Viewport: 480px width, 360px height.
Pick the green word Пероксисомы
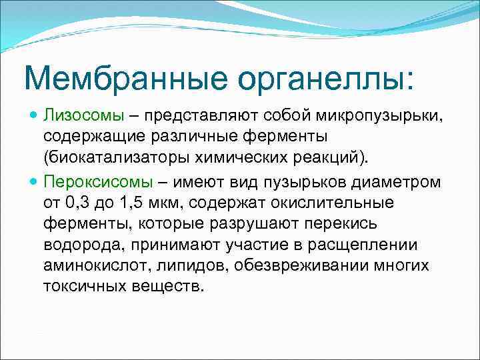pos(97,182)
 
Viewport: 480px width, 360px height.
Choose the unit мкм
pos(171,203)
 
